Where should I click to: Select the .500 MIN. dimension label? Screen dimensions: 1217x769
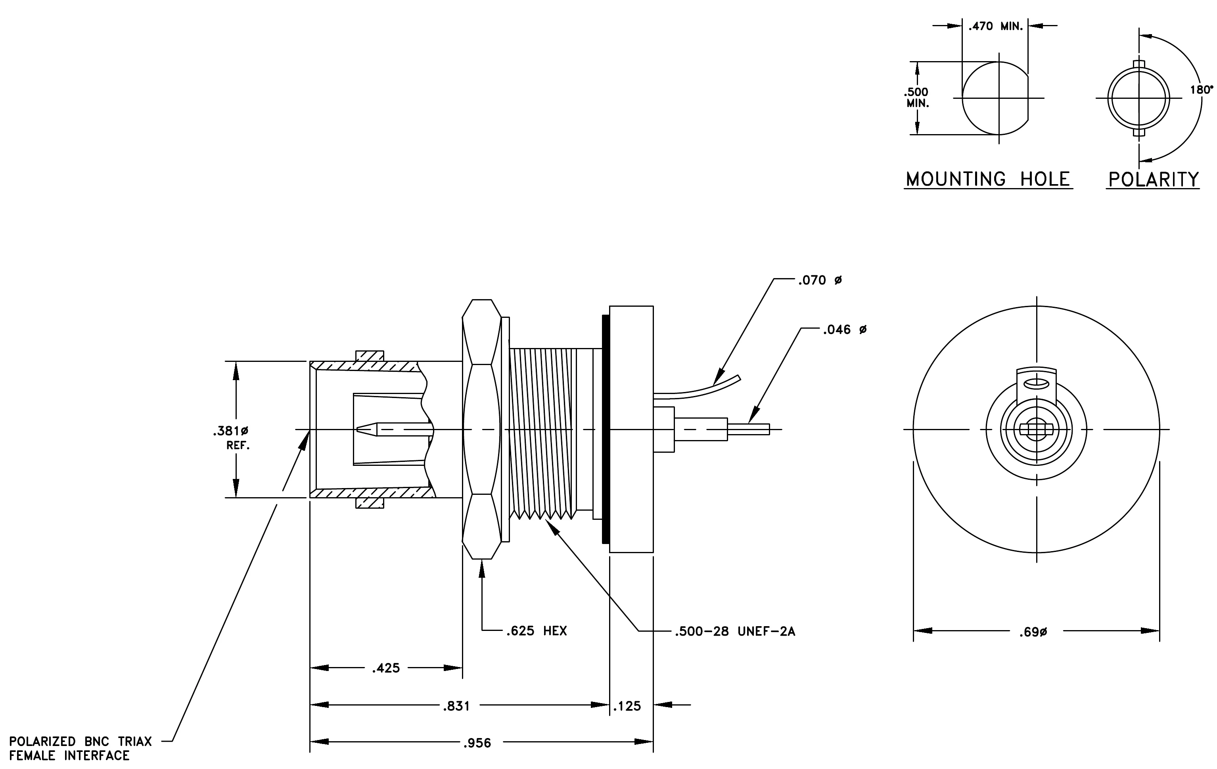coord(917,98)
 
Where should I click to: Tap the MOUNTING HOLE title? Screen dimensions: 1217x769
coord(988,179)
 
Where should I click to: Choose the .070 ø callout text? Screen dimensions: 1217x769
coord(820,281)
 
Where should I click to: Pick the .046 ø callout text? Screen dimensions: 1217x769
coord(845,330)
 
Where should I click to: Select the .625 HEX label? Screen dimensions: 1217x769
coord(536,631)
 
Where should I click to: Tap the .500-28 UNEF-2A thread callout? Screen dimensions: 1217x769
coord(735,631)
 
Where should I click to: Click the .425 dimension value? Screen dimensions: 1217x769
coord(386,668)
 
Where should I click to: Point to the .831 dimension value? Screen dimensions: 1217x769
coord(456,706)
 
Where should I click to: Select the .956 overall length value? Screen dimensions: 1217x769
coord(477,743)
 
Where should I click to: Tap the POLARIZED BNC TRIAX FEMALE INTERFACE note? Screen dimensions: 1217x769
coord(80,748)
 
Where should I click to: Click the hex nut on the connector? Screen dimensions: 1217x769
coord(482,429)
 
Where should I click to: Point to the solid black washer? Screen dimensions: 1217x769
coord(606,429)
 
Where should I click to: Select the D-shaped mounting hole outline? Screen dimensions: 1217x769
coord(963,98)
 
